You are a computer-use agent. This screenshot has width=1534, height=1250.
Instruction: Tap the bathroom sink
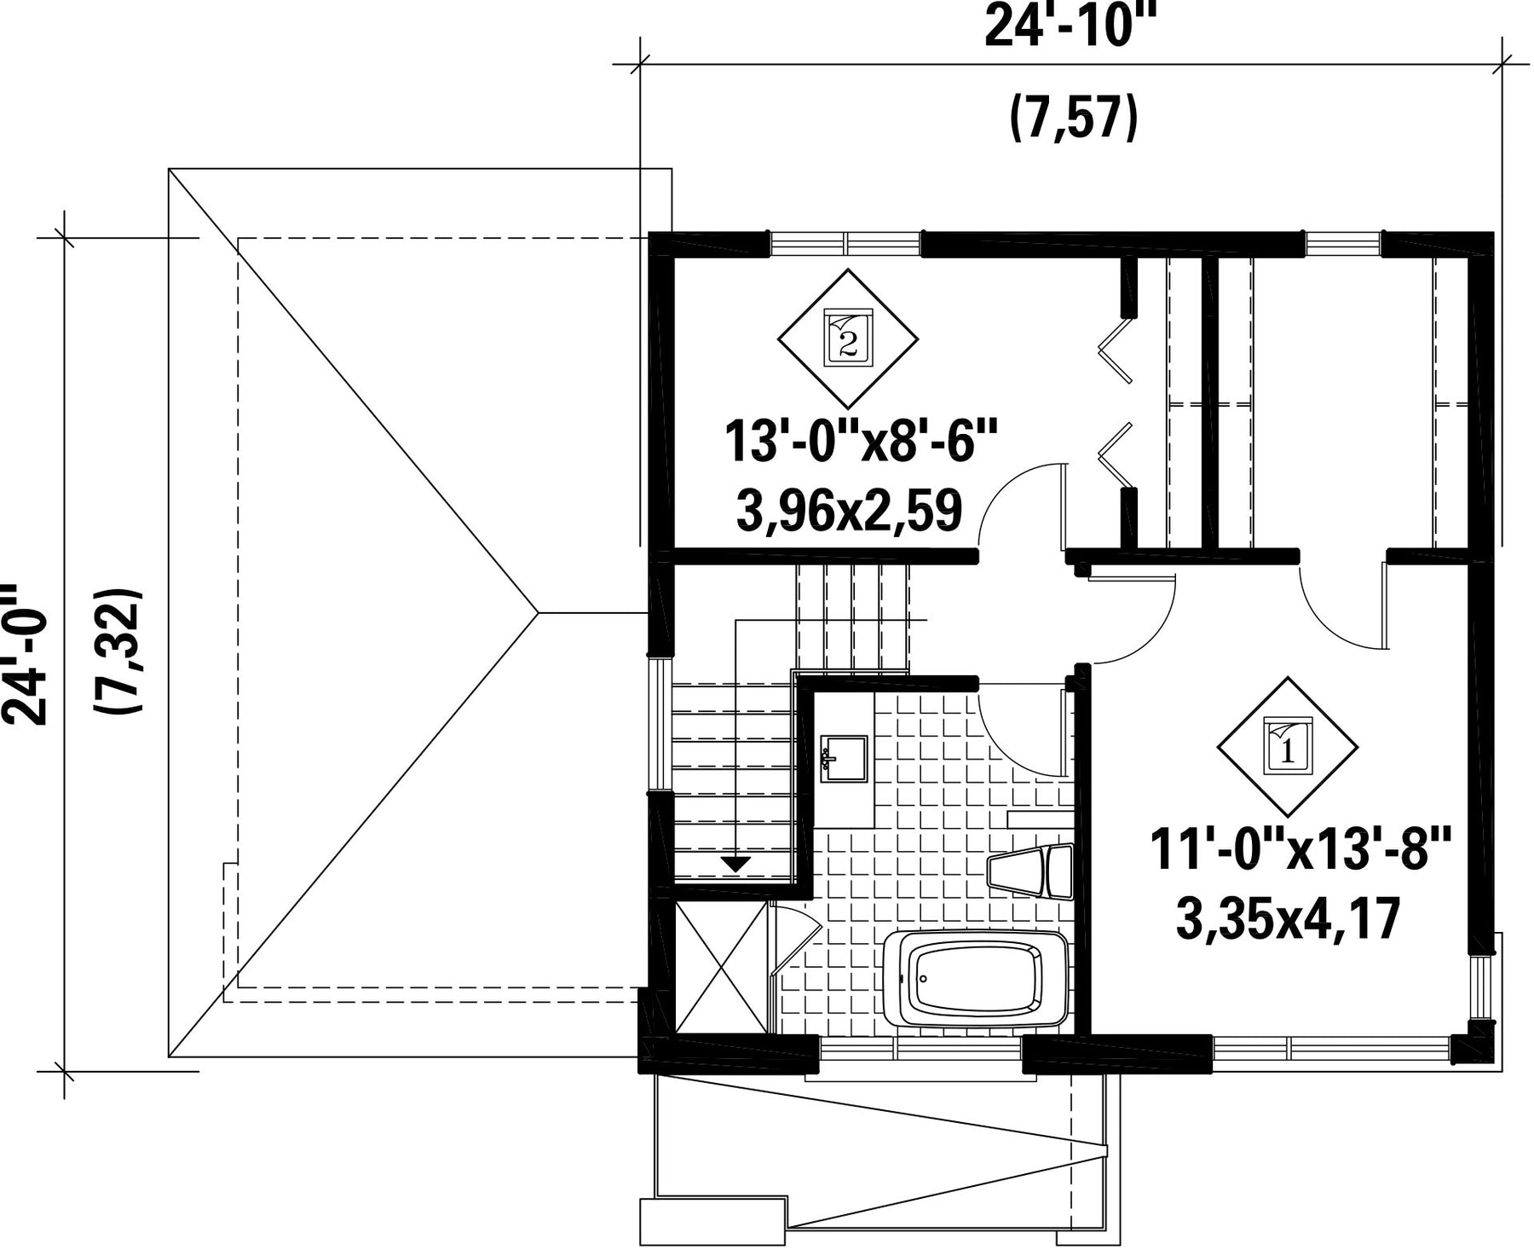point(843,759)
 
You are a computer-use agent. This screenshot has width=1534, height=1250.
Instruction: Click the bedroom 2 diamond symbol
point(848,339)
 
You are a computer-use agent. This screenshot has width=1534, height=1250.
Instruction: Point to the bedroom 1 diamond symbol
point(1288,747)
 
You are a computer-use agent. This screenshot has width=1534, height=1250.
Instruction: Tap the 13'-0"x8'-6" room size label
point(861,441)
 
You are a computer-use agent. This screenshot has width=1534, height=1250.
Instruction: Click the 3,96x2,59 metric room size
point(849,511)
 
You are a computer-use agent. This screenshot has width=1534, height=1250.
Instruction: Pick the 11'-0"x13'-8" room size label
point(1300,850)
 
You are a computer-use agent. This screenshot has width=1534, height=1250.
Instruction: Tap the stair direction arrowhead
point(735,864)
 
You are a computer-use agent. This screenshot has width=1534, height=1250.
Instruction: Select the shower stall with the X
point(721,968)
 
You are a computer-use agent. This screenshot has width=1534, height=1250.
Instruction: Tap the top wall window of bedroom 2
point(845,244)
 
